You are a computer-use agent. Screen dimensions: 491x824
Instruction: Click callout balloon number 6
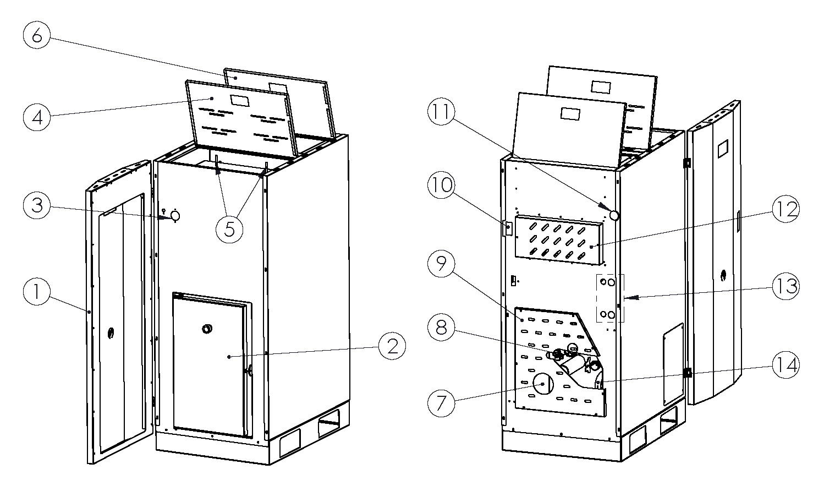click(37, 36)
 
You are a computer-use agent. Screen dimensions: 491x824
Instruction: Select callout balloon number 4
click(37, 117)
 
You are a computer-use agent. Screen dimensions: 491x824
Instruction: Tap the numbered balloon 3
click(37, 206)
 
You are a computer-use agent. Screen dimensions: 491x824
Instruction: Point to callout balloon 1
click(37, 292)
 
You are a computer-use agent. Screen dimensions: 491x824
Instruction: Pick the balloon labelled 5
click(229, 228)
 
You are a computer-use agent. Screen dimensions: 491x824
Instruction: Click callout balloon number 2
click(392, 346)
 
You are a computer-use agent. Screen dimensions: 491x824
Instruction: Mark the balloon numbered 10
click(442, 186)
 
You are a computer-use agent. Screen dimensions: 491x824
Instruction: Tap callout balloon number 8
click(442, 328)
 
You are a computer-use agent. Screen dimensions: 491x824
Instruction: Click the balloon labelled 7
click(442, 403)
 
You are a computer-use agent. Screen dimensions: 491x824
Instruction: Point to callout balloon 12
click(785, 210)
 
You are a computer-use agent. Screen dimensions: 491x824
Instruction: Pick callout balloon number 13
click(785, 287)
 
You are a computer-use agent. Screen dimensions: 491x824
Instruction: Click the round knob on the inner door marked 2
click(208, 329)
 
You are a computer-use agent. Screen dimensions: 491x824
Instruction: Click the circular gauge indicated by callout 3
click(175, 216)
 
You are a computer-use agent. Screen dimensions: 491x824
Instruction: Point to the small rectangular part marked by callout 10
click(508, 227)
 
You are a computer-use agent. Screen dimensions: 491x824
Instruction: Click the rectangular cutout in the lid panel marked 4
click(239, 100)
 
